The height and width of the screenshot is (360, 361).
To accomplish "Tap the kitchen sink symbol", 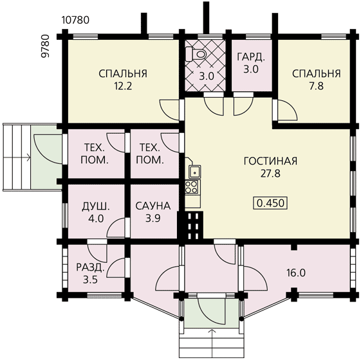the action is point(194,172).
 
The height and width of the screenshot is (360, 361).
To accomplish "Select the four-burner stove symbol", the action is point(192,187).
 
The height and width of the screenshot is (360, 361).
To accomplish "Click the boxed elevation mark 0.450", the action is point(270,203).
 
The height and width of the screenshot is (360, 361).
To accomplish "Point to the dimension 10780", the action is point(75,20).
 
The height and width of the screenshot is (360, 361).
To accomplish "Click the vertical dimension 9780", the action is point(46,46).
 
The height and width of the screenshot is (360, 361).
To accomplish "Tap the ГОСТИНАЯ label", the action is point(270,161).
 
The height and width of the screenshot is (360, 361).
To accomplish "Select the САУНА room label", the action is point(153,206).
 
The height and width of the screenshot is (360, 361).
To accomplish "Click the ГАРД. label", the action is point(251,57).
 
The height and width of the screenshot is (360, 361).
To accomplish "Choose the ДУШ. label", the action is point(96,206).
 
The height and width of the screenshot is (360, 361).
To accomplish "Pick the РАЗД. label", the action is point(91,267).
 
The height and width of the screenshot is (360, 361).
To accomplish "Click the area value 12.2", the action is point(123,86).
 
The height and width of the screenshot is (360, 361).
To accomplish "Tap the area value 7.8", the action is point(317,86).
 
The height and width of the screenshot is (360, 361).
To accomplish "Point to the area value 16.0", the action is point(296,273).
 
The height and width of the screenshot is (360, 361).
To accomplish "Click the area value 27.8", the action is point(270,174).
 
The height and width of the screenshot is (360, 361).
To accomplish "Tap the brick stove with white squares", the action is point(190,226).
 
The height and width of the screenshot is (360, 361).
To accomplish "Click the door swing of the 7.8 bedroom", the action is point(288,111).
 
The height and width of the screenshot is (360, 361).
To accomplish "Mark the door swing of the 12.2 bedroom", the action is point(169,110).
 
